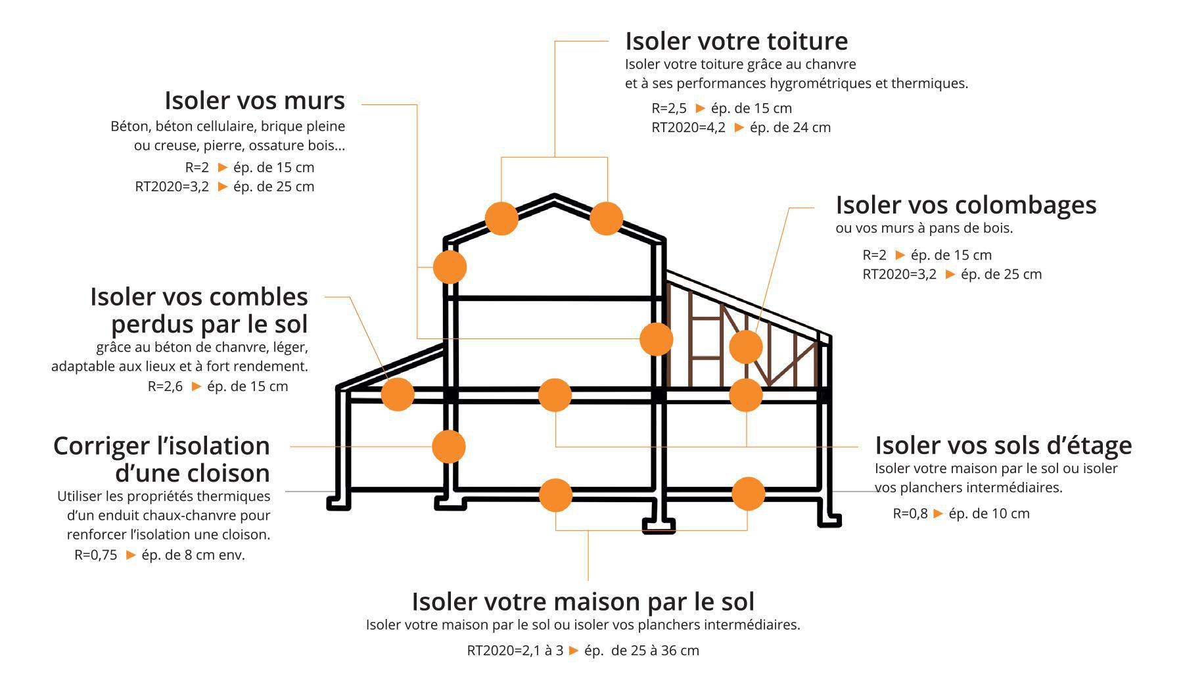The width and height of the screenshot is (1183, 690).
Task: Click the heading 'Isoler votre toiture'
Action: coord(736,41)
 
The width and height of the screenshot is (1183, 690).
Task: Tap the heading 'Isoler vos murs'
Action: coord(254,101)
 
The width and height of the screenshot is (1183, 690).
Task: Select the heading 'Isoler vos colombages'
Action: coord(965,205)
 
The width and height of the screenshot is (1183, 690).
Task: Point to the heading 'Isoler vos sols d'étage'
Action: coord(1003,446)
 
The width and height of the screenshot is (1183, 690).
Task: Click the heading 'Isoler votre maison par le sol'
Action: coord(583,601)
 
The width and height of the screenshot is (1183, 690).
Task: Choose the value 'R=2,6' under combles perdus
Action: coord(165,386)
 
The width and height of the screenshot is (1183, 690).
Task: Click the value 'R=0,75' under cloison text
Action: coord(96,555)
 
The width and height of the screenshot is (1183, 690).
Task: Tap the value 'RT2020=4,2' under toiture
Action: coord(688,127)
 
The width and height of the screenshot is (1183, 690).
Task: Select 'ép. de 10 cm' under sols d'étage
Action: coord(988,514)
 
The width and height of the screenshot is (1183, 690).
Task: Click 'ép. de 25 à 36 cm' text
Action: coord(641,651)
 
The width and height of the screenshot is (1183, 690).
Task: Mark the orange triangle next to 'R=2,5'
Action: coord(700,108)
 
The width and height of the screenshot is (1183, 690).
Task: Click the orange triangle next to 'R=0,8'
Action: coord(938,513)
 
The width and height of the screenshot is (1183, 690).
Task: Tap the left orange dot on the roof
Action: coord(501,218)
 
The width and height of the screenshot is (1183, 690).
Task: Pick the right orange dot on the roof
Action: coord(606,218)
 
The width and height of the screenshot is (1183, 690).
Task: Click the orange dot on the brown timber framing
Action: coord(745,346)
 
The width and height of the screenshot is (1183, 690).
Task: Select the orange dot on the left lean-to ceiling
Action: coord(398,394)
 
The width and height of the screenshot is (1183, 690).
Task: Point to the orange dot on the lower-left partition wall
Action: coord(449,446)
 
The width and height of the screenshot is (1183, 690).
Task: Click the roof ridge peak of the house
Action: coord(555,196)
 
